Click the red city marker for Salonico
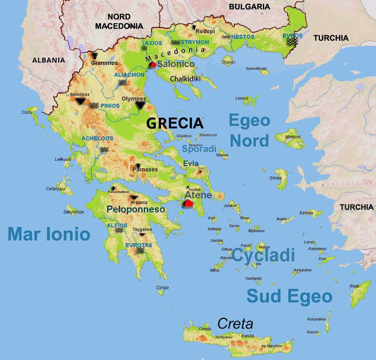(153, 65)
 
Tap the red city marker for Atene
(188, 203)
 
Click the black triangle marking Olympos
(141, 105)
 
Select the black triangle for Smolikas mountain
(81, 101)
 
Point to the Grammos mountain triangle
(95, 56)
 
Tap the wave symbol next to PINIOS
(94, 106)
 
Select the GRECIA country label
(175, 123)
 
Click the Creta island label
(235, 324)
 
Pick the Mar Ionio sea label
(49, 234)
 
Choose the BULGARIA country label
(249, 7)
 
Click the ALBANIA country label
(49, 60)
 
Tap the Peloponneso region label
(136, 209)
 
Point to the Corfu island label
(27, 112)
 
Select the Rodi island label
(354, 286)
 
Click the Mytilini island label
(293, 137)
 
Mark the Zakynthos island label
(74, 212)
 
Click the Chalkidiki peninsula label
(185, 79)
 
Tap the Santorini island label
(253, 278)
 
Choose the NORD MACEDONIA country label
(119, 21)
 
